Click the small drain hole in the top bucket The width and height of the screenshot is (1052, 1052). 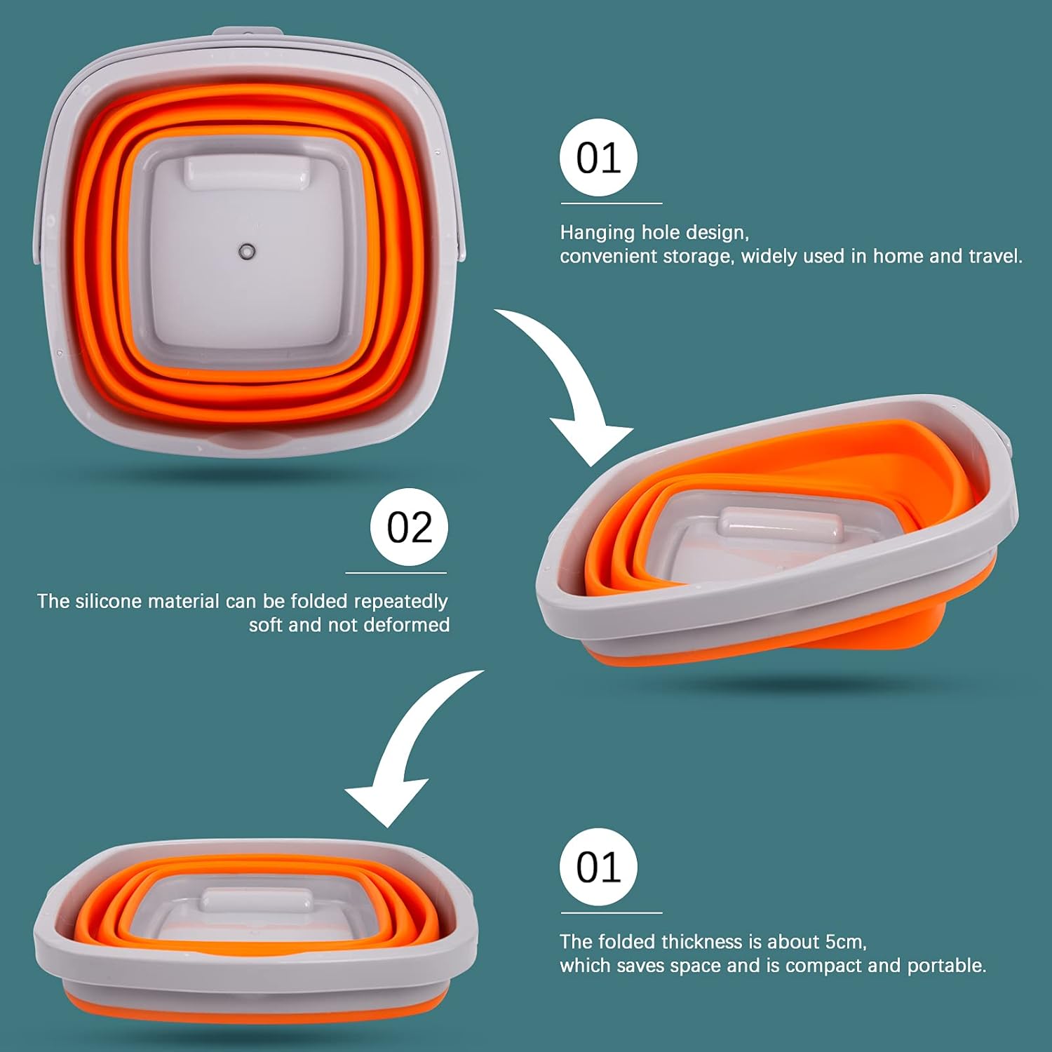click(x=247, y=251)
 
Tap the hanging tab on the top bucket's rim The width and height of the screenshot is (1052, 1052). click(x=248, y=33)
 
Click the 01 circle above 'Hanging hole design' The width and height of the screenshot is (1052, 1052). click(x=598, y=158)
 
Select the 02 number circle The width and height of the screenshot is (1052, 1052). click(x=409, y=527)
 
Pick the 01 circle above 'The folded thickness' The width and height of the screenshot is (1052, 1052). click(x=598, y=868)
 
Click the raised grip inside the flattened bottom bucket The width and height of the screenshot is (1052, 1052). click(x=257, y=900)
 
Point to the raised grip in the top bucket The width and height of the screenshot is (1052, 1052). click(x=247, y=173)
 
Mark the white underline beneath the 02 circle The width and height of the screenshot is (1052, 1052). click(x=396, y=573)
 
